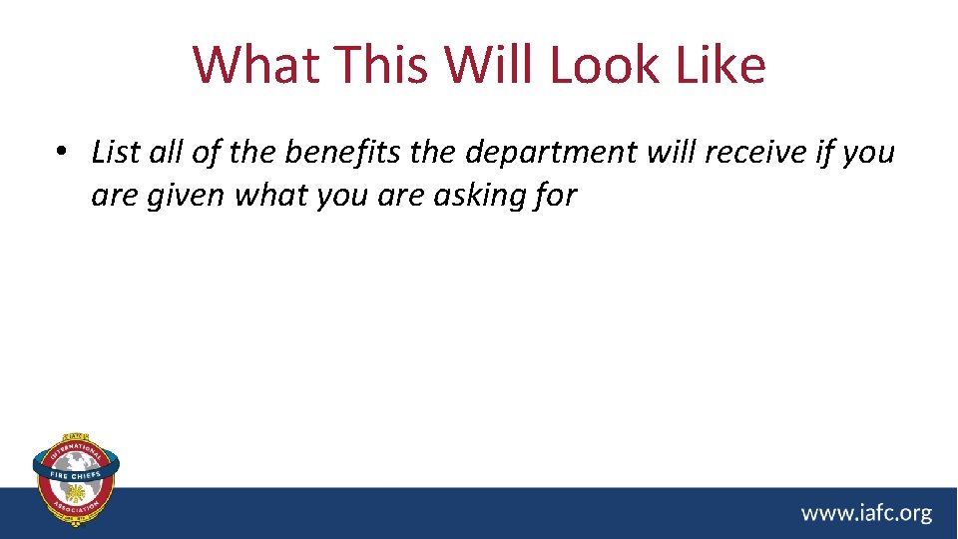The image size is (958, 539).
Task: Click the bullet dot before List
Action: point(62,153)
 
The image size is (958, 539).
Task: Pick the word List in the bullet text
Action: point(115,153)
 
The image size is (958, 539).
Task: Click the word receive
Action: point(758,153)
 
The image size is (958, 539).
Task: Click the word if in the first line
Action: point(832,153)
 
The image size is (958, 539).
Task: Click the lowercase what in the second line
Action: point(270,195)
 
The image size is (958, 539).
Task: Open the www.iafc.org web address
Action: point(866,514)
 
